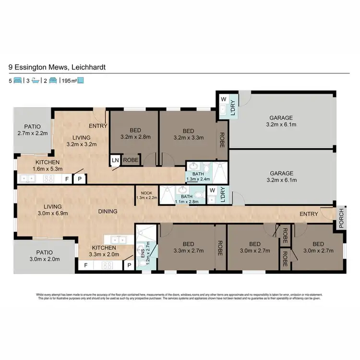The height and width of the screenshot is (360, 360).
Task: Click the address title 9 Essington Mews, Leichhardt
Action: (x=57, y=68)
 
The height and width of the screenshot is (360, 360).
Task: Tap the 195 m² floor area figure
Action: (x=68, y=81)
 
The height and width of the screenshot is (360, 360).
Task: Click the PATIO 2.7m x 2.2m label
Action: (x=33, y=130)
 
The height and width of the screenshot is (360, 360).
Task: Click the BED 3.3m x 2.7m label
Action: (x=185, y=247)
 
